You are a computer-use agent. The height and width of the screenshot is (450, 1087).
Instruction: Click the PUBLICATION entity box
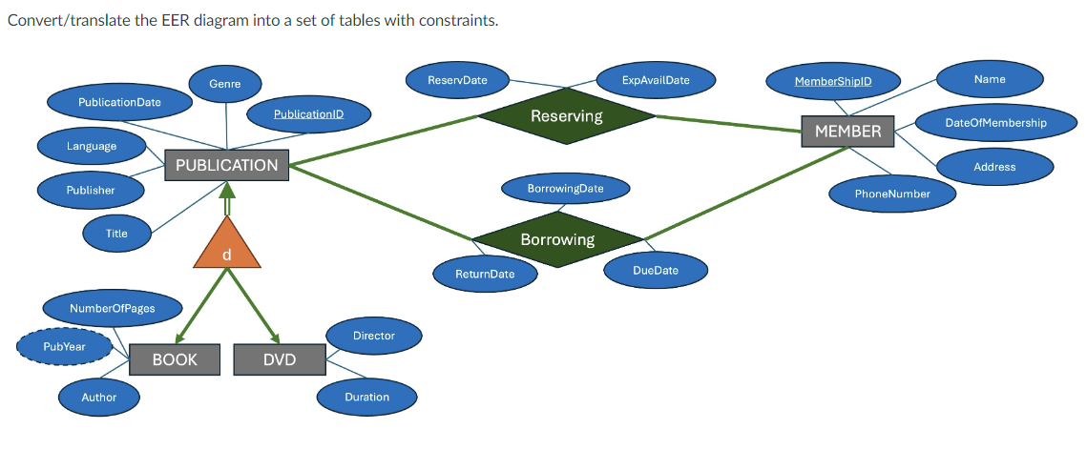point(226,165)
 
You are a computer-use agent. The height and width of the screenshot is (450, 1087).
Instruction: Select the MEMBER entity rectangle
point(847,131)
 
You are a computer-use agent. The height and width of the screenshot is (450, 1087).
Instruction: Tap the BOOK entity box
point(175,359)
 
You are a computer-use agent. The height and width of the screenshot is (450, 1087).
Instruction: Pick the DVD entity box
point(280,359)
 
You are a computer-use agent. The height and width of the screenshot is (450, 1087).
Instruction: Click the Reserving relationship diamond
point(566,116)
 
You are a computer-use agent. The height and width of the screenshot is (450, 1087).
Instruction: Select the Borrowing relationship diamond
point(557,239)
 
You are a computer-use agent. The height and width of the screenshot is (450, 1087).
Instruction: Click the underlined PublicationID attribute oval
point(308,114)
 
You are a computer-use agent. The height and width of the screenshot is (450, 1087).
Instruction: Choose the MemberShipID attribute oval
point(833,81)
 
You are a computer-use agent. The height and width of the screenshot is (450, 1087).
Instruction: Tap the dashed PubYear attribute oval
point(64,346)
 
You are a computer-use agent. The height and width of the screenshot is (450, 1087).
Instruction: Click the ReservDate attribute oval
point(457,80)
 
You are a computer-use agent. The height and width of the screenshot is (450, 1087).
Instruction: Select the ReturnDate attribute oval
point(484,274)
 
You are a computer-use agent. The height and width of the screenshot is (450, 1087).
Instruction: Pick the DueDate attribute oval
point(655,270)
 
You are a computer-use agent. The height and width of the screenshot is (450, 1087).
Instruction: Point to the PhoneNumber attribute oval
point(891,194)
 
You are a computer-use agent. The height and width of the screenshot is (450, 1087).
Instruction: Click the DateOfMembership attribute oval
point(995,123)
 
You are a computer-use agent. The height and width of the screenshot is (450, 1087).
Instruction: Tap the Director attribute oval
point(373,336)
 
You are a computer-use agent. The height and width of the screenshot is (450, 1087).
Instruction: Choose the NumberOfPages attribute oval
point(112,308)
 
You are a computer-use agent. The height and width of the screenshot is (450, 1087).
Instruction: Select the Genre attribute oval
point(224,84)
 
